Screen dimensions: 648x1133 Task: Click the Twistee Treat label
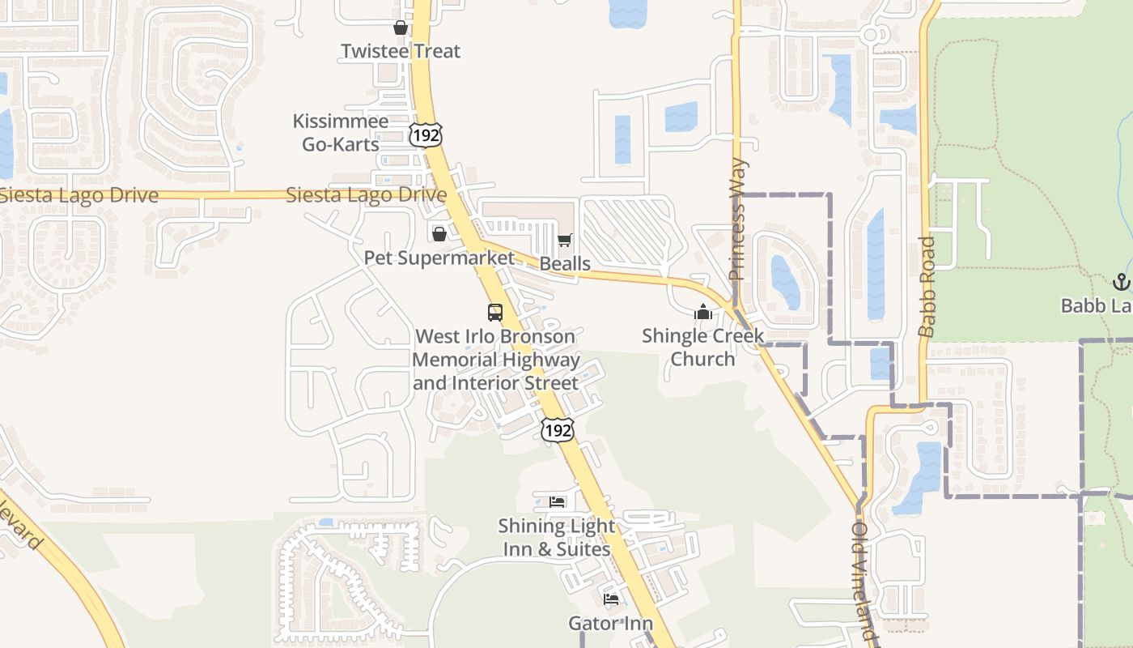tap(401, 51)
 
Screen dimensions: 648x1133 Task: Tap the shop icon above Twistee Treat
tap(400, 28)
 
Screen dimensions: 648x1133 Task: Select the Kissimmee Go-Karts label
tap(340, 133)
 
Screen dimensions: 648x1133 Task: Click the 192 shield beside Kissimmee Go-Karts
tap(426, 135)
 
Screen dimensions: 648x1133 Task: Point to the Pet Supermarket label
tap(439, 258)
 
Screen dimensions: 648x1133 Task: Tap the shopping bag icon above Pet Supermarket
tap(439, 234)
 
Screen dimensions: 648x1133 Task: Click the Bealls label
tap(565, 264)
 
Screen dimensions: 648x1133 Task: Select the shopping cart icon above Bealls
tap(564, 240)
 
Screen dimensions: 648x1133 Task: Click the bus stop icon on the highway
tap(494, 312)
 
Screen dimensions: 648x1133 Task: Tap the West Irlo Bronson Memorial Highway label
tap(495, 359)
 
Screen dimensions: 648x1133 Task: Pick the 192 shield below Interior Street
tap(558, 430)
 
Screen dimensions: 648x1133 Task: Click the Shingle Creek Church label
tap(702, 347)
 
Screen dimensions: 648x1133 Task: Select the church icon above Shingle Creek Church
tap(702, 312)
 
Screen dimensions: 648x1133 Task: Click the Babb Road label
tap(927, 287)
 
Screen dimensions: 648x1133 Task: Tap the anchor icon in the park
tap(1121, 282)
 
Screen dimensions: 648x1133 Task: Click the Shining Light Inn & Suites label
tap(556, 537)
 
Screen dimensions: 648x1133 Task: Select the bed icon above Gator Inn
tap(611, 599)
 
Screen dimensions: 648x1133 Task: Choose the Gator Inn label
tap(611, 624)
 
